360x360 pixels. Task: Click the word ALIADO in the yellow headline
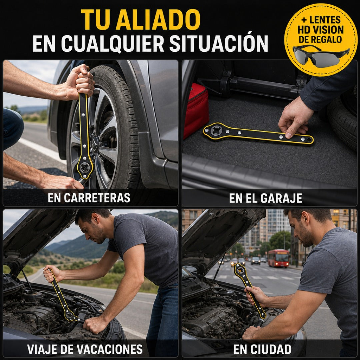(x=158, y=20)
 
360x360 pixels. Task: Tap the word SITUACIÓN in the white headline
(x=219, y=43)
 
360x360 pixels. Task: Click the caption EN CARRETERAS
(x=89, y=198)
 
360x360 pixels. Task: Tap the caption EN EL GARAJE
(x=266, y=198)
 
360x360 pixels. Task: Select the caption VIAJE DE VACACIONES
(x=85, y=349)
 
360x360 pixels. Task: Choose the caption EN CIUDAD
(x=262, y=349)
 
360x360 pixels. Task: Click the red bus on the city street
(x=278, y=258)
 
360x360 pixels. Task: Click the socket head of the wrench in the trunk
(x=215, y=131)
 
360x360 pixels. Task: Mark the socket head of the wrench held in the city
(x=240, y=270)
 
